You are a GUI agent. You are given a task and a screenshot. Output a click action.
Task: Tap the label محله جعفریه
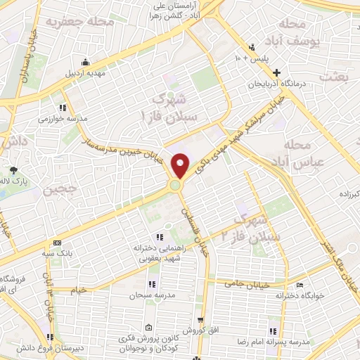80,22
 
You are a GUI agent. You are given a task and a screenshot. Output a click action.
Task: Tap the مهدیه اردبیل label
86,72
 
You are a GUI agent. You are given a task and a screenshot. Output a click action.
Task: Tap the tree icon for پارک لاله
13,169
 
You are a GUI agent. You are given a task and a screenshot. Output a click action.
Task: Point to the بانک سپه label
58,252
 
